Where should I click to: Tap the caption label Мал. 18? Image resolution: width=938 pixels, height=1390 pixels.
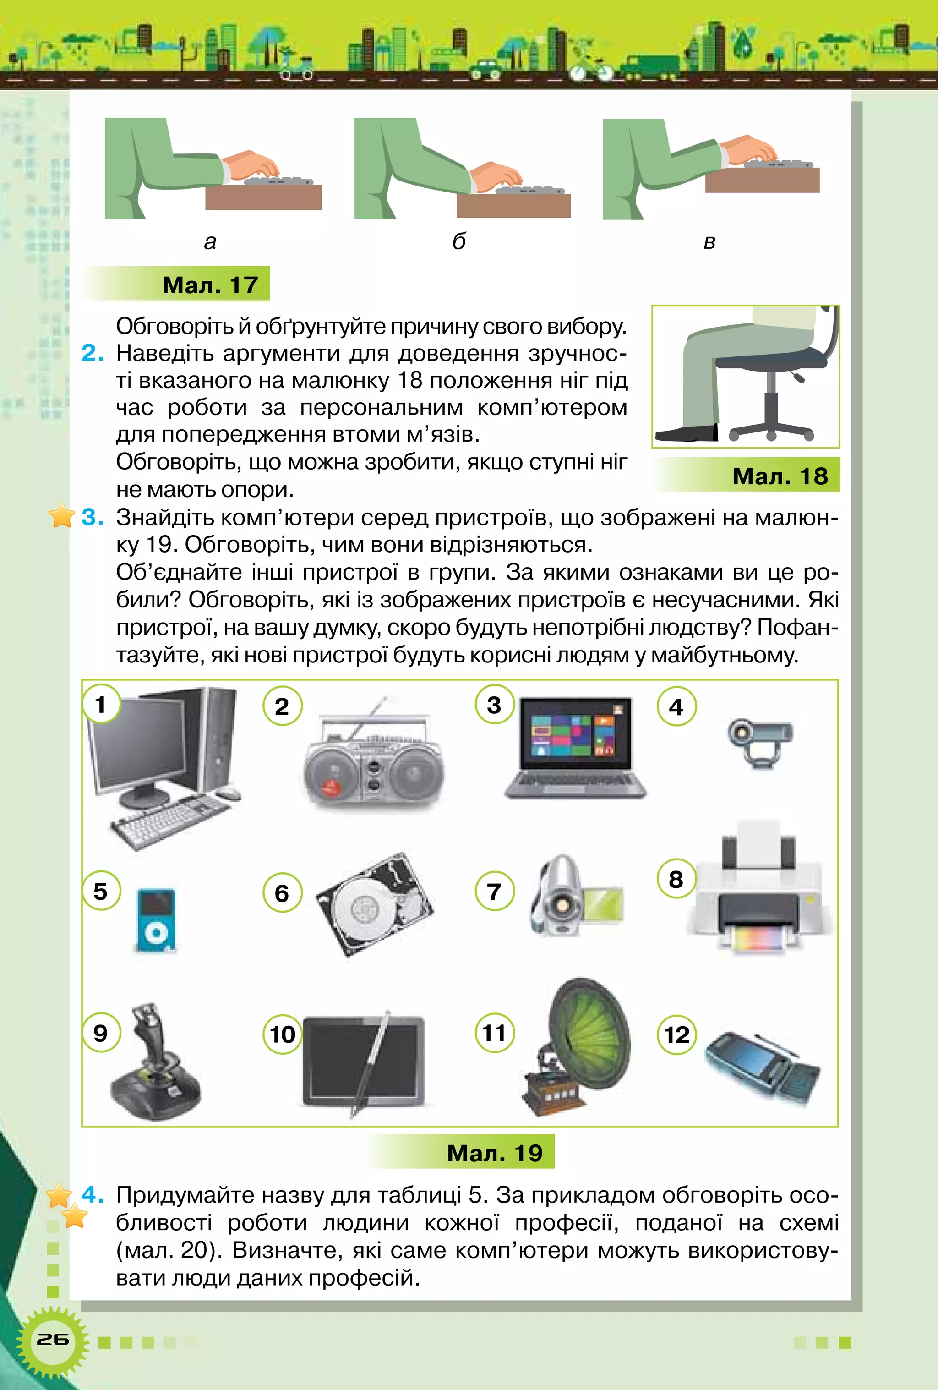(x=780, y=476)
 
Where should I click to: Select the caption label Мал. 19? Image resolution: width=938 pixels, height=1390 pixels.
(x=494, y=1153)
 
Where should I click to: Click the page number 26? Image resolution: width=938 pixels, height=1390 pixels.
(x=53, y=1339)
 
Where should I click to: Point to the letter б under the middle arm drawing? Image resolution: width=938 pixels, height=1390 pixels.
(x=458, y=241)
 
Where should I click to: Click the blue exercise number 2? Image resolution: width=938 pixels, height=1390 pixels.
(x=93, y=353)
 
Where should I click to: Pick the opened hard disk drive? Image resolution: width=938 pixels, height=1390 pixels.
(x=375, y=903)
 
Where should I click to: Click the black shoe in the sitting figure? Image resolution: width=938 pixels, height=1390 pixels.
(x=687, y=432)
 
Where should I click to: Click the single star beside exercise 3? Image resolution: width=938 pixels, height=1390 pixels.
(x=61, y=515)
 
